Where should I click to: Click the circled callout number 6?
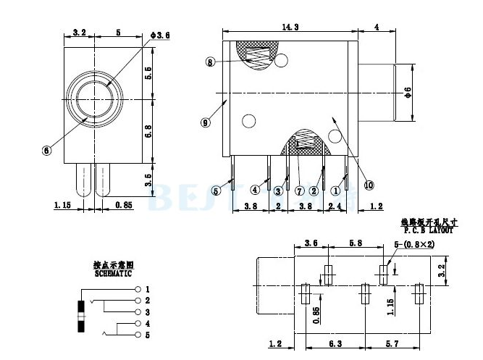point(47,151)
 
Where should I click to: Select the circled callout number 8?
point(210,63)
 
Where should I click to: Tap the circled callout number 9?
point(206,123)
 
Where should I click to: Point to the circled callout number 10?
point(369,185)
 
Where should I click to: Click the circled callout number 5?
point(216,191)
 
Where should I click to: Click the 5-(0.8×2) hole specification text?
point(414,244)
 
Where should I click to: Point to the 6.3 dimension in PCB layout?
point(335,344)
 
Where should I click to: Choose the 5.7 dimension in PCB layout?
point(392,344)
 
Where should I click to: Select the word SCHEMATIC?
point(112,275)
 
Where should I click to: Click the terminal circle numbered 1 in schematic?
point(138,289)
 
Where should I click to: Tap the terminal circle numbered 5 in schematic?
point(138,335)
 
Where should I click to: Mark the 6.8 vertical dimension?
point(149,131)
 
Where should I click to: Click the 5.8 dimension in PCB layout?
point(356,243)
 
